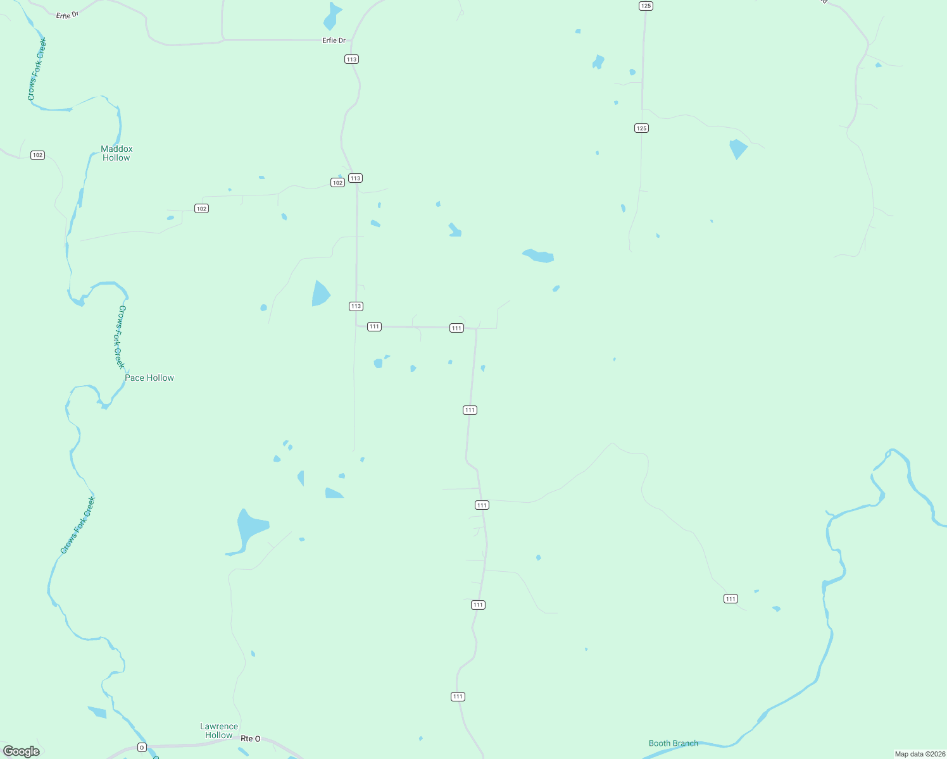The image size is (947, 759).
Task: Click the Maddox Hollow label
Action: coord(116,154)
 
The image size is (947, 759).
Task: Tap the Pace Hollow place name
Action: coord(149,378)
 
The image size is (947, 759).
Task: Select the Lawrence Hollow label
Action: coord(219,731)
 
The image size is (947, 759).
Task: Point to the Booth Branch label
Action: coord(673,743)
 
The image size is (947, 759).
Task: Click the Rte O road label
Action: coord(250,739)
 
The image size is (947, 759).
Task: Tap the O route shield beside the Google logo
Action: coord(142,748)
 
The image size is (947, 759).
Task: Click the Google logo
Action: coord(22,751)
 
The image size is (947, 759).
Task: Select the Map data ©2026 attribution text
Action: coord(919,754)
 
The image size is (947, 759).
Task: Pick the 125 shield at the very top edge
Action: coord(645,6)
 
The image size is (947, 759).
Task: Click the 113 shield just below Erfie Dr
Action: coord(351,59)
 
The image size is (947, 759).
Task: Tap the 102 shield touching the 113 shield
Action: coord(337,183)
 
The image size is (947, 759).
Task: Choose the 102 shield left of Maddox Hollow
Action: coord(37,155)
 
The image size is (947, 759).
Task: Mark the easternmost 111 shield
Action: coord(731,598)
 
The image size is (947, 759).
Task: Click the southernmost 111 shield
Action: coord(458,696)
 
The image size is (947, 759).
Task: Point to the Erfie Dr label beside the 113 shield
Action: coord(334,40)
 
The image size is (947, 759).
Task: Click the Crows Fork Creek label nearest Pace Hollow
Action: coord(120,336)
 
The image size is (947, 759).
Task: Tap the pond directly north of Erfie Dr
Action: coord(331,17)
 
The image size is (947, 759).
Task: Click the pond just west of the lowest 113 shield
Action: coord(320,293)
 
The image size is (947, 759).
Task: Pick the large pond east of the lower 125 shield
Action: coord(737,149)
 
